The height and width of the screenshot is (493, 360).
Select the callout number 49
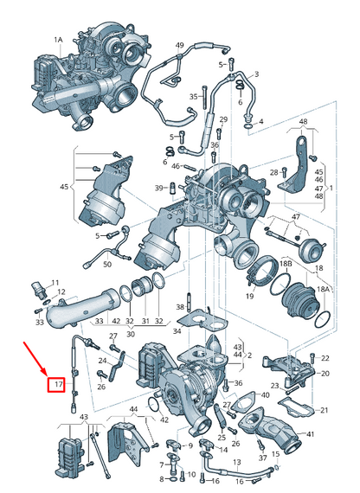180,45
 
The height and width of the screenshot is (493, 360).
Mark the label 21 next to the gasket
325,410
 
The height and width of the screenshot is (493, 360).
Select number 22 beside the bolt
325,357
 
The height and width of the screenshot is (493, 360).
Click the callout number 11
55,283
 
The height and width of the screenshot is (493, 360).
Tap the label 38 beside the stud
179,306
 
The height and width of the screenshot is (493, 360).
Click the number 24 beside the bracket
101,361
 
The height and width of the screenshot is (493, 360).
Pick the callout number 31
145,321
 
